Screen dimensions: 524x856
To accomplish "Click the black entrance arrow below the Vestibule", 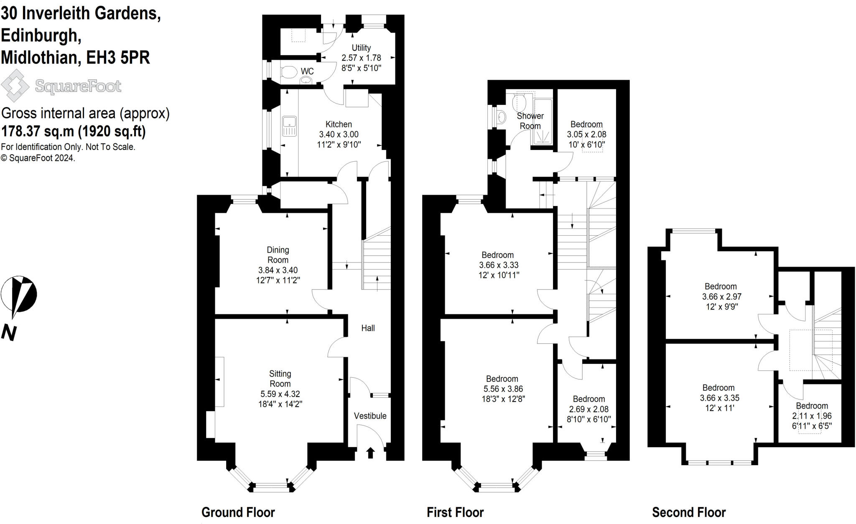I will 370,453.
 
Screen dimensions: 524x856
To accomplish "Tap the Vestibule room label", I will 370,416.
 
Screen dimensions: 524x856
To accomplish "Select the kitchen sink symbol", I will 289,126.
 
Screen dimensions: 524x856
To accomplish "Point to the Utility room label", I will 361,48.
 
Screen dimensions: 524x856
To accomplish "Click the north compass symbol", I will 19,295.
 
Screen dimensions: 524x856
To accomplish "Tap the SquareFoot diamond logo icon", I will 15,86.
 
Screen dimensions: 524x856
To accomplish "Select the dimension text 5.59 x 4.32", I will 280,394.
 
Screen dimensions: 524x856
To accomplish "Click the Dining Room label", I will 278,254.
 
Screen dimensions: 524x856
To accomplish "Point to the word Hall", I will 368,328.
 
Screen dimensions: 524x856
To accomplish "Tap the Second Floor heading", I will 689,512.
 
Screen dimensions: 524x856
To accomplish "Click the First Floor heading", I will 455,512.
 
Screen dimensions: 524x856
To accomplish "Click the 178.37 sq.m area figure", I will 38,131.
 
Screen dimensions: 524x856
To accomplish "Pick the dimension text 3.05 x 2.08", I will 586,135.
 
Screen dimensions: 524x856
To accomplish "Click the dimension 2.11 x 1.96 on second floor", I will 812,416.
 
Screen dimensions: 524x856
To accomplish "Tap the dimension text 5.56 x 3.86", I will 502,389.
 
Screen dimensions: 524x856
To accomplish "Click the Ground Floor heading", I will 238,512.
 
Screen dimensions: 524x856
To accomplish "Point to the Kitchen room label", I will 339,124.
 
